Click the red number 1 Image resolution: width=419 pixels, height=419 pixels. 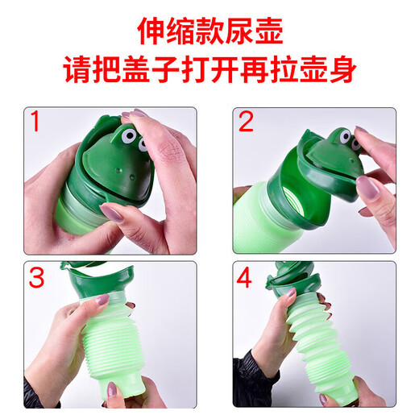click(35, 123)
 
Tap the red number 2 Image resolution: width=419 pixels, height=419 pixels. click(247, 123)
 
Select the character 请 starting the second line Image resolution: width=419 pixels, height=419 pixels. click(79, 73)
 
